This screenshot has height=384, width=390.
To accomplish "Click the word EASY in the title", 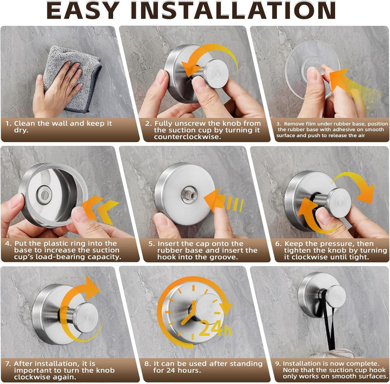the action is pos(83,10).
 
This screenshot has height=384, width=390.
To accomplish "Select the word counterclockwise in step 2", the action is pos(187,137).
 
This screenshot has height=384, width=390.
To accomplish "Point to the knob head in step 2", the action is pos(216,74).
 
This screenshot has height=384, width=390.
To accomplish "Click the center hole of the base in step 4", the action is pos(45,195).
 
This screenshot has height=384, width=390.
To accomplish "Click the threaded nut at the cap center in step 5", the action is pos(189,195).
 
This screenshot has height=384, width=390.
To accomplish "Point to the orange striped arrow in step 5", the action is pos(223,201).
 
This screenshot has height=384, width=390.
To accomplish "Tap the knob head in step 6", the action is pos(339,203).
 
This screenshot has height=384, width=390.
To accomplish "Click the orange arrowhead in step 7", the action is pos(91,288).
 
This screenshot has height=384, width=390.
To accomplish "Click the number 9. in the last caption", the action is pos(278,364).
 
